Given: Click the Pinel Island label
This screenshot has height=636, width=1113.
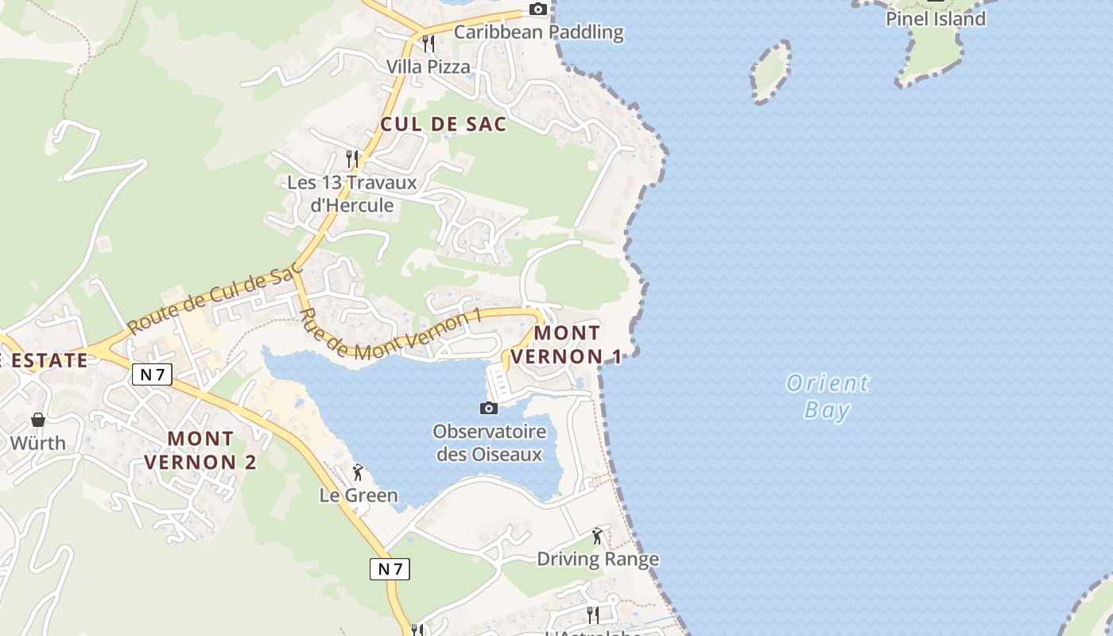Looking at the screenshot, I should point(936,18).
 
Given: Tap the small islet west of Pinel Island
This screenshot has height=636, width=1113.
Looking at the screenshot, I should point(770,72).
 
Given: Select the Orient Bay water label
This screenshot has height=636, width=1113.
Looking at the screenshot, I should point(828,397).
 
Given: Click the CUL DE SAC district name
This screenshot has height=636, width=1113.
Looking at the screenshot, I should point(443,124).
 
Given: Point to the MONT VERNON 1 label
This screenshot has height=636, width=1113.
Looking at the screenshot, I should point(566,344).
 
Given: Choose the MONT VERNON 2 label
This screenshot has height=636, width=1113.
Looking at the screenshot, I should point(201,450).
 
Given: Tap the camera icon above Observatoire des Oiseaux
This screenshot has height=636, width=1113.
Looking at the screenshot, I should point(489,409).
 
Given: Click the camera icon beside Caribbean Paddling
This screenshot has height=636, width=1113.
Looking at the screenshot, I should point(538,10).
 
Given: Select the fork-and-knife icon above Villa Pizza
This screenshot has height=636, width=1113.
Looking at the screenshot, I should point(429,43).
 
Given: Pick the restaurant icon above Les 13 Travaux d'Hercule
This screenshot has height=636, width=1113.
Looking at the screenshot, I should point(353,159).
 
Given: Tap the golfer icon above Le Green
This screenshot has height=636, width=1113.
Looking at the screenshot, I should point(358,472).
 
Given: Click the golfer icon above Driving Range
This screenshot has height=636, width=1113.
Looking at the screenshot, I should point(597,536).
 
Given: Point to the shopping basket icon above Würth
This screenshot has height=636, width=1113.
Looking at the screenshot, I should point(37,419).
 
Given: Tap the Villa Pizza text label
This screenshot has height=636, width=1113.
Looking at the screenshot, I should point(429,67).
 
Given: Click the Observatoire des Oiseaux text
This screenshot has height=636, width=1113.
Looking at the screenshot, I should point(489,444).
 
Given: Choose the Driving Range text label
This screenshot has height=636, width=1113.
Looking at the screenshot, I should point(598,559).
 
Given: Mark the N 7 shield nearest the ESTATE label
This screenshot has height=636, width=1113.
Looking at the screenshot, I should point(152,374).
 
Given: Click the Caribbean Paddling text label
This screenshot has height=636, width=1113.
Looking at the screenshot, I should point(538,33).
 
